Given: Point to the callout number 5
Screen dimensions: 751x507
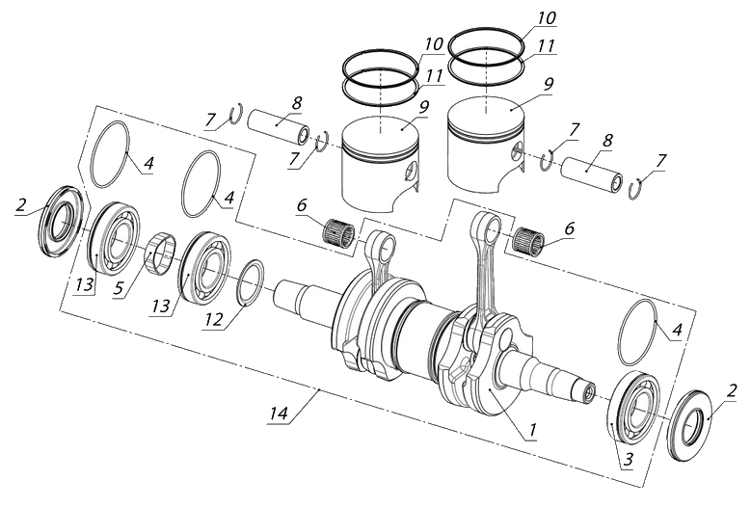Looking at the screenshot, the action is click(x=119, y=288).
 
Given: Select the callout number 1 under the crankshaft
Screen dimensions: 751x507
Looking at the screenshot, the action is click(x=531, y=430).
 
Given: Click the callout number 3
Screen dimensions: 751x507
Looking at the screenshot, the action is click(x=628, y=459).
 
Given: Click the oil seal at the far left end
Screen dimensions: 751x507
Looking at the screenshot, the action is click(x=61, y=221).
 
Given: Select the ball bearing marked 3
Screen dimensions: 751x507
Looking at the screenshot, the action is click(x=634, y=408).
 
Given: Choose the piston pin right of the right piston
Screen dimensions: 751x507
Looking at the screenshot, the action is click(x=593, y=175).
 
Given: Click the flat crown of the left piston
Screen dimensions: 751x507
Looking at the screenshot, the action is click(x=381, y=134).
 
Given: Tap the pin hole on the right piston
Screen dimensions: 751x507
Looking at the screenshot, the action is click(x=517, y=148).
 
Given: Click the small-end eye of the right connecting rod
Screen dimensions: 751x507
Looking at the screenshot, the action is click(x=487, y=225).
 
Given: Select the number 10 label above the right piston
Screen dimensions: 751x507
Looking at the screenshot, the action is click(x=546, y=18).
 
